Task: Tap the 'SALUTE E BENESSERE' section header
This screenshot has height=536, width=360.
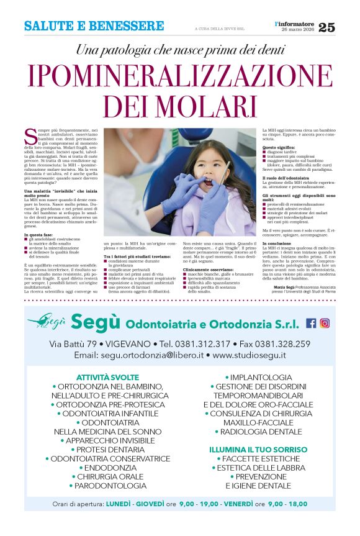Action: [94, 27]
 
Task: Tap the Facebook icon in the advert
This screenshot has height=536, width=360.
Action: [311, 323]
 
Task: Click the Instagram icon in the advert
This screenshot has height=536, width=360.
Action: [325, 323]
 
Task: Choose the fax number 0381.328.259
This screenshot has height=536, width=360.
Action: [282, 343]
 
